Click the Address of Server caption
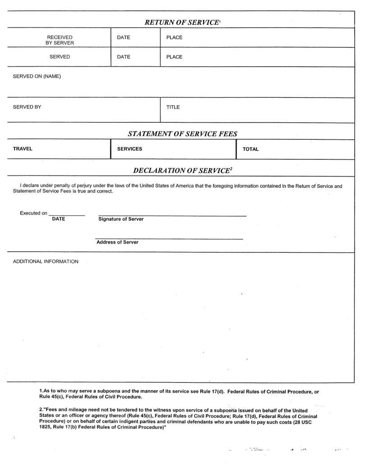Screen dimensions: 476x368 [x=117, y=242]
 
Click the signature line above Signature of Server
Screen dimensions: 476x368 [x=172, y=216]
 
